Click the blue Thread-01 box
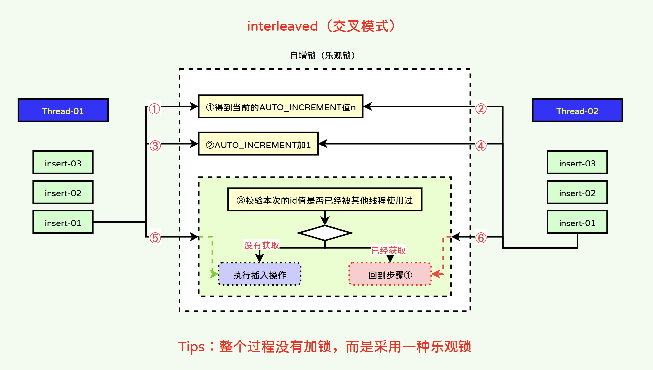click(63, 110)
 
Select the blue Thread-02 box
click(577, 110)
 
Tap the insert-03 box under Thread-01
click(63, 163)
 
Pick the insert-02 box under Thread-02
click(577, 192)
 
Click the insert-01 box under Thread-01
click(63, 222)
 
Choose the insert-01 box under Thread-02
click(577, 222)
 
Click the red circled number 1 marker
click(154, 108)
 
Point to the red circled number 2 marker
click(481, 108)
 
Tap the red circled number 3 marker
click(155, 146)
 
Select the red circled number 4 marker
click(481, 146)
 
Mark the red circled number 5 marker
click(155, 238)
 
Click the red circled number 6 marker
click(481, 238)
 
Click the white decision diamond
click(325, 233)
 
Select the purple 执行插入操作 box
click(260, 274)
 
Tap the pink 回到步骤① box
click(390, 274)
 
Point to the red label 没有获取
click(261, 245)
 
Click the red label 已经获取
click(388, 250)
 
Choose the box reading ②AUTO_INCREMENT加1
click(258, 144)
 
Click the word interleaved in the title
click(282, 26)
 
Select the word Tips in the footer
click(192, 347)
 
